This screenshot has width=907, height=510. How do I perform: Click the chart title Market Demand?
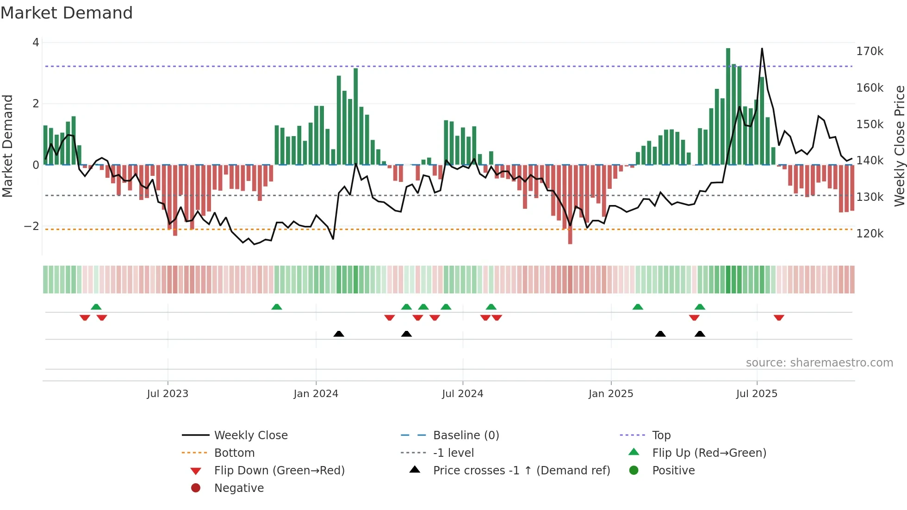(x=67, y=13)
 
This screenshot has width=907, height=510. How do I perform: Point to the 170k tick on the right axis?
(x=870, y=51)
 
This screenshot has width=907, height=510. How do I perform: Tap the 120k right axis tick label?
(x=870, y=234)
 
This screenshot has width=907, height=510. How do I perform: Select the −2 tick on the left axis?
(x=31, y=226)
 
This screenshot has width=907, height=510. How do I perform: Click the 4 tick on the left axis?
(x=36, y=43)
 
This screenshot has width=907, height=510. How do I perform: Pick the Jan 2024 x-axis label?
(x=316, y=394)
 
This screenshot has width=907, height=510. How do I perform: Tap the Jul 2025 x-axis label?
(x=757, y=394)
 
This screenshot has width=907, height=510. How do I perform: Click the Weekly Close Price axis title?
(x=899, y=146)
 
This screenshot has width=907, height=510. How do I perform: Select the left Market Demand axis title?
(x=7, y=146)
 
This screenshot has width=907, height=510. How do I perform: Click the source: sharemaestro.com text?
(x=819, y=363)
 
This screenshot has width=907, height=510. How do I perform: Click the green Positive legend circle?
(x=634, y=471)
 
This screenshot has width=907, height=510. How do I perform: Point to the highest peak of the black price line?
(x=762, y=49)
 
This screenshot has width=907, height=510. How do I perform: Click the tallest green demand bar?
(x=728, y=106)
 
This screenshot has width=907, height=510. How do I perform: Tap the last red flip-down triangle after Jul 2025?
(x=779, y=317)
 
